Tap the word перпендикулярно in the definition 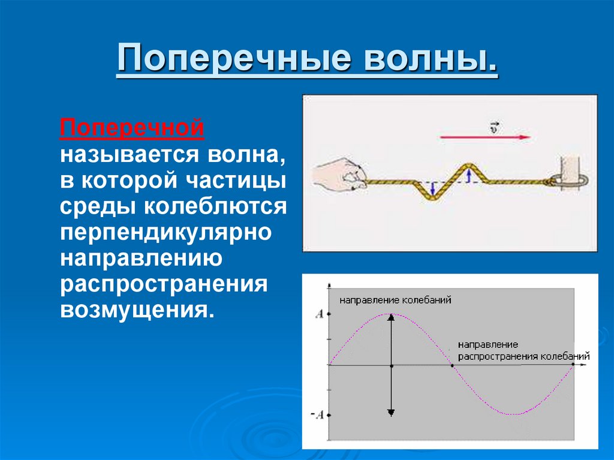165,231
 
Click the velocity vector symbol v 493,127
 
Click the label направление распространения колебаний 523,351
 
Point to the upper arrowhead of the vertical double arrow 391,318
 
